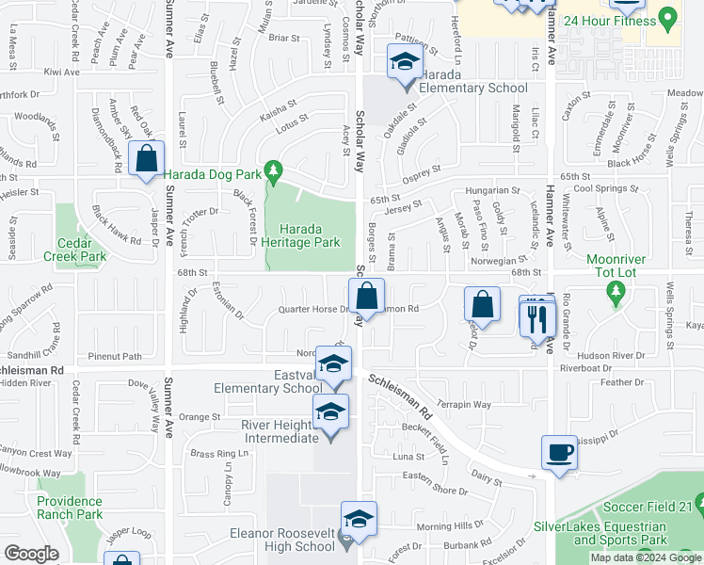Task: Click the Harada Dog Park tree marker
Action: pos(274,170)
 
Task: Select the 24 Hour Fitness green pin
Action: pos(668,17)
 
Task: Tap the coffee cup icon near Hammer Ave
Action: pos(559,451)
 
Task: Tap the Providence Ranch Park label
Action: pos(70,508)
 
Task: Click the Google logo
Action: pos(32,554)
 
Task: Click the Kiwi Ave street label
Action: pos(62,72)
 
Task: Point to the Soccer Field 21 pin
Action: pos(695,508)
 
